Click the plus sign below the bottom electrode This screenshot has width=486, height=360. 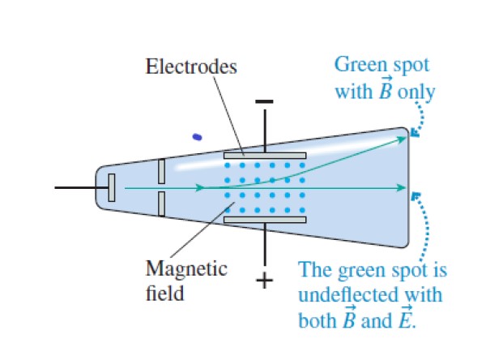coord(265,281)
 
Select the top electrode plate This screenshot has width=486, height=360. coord(265,154)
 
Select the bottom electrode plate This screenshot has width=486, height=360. coord(265,219)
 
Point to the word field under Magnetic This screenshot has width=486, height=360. coord(164,292)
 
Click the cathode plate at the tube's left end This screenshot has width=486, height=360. coord(112,187)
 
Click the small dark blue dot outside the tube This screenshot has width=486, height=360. coord(196,136)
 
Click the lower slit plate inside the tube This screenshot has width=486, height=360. coord(162,204)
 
